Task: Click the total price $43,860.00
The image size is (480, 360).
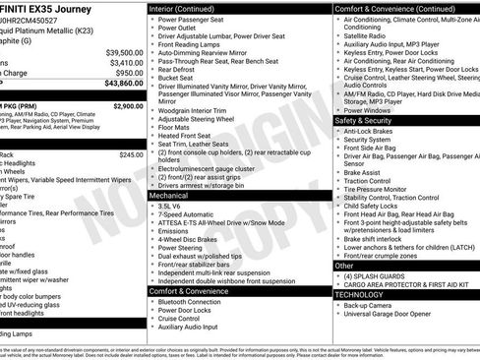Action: point(118,85)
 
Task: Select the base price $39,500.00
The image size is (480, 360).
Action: point(123,51)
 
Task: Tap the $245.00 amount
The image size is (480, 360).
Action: point(131,154)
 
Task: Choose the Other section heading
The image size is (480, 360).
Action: point(344,265)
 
